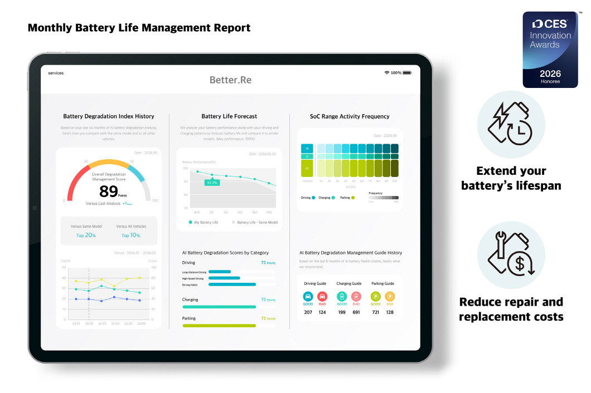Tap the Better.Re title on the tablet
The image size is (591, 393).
230,80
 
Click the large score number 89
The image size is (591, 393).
108,191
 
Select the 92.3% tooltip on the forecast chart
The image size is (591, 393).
212,182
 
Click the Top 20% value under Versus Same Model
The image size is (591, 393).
86,235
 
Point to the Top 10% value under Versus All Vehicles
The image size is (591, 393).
132,235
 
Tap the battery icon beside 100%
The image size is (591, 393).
407,73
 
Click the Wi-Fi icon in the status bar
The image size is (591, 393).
387,73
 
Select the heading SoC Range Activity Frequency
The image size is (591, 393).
350,116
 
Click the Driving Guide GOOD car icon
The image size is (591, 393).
308,297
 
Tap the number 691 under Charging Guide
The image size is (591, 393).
356,312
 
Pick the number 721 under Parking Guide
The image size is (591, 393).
376,312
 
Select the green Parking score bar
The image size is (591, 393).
219,326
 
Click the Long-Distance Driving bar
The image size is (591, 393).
220,272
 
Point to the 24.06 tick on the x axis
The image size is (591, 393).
141,323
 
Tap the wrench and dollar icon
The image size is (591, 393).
511,255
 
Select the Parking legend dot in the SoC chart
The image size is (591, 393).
353,198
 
